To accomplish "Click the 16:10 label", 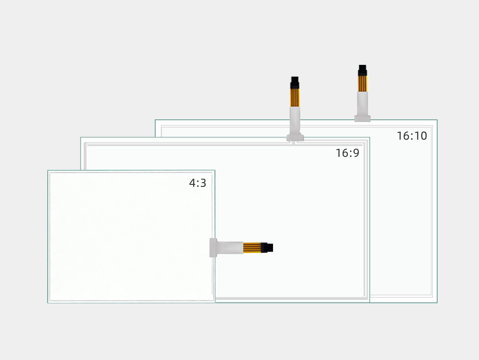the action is point(412,136).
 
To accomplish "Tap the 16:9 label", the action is point(347,153).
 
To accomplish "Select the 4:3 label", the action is point(197,183).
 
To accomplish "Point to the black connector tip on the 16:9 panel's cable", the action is point(295,82).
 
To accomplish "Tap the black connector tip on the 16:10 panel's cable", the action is point(362,70).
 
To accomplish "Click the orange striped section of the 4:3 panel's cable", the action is point(252,248).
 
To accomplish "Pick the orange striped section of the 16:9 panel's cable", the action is point(295,98).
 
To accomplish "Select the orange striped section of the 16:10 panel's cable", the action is point(362,84).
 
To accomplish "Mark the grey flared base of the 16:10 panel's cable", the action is point(362,118).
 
